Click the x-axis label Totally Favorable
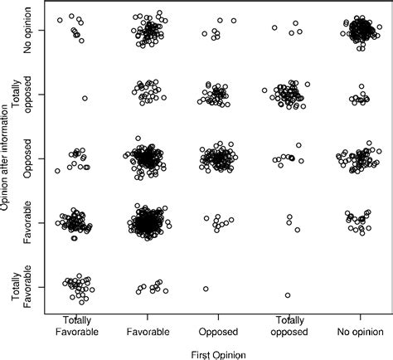click(x=75, y=326)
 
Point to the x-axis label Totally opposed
click(x=289, y=326)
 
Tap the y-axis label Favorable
click(x=27, y=222)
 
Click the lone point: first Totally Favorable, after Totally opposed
click(x=85, y=99)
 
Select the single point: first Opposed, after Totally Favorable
click(x=205, y=289)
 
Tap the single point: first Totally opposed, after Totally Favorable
click(x=288, y=295)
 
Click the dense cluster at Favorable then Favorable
click(x=148, y=222)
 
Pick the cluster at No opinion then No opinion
click(x=360, y=32)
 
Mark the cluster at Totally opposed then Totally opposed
click(x=287, y=95)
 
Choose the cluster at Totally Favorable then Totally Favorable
click(x=78, y=286)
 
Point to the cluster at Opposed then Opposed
click(x=217, y=158)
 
